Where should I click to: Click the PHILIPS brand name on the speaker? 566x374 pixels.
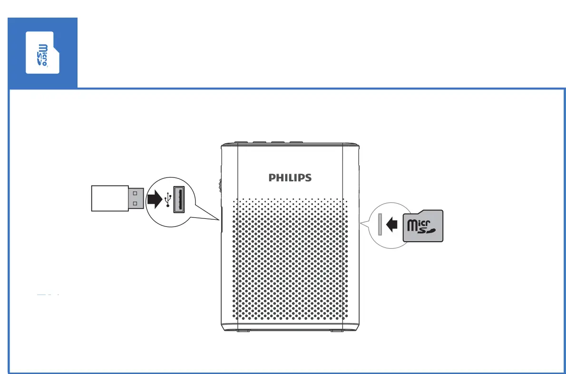[x=290, y=177]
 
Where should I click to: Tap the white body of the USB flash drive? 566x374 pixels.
[x=109, y=198]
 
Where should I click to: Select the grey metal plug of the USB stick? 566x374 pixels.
[x=136, y=198]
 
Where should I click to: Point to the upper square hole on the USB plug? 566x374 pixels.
[x=135, y=193]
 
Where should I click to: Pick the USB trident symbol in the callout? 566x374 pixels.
[x=167, y=200]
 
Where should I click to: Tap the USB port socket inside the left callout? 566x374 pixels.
[x=179, y=199]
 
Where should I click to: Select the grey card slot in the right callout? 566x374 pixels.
[x=380, y=224]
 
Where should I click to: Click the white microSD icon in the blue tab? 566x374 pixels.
[x=42, y=53]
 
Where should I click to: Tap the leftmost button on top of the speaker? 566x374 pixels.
[x=240, y=142]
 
